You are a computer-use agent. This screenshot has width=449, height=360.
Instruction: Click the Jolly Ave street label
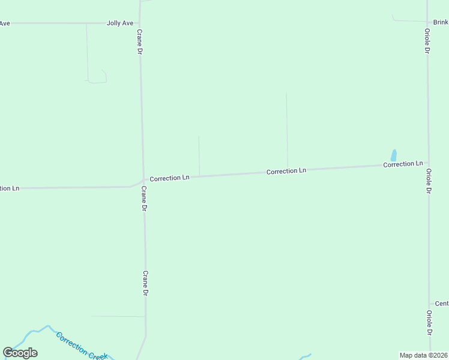[119, 23]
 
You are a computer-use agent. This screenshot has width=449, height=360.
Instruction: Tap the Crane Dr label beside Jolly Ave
[139, 42]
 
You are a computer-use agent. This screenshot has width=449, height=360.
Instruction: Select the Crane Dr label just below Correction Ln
[144, 199]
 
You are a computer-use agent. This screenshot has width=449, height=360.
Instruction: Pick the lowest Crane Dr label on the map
[145, 283]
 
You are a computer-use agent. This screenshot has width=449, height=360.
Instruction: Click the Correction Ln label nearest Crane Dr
[169, 178]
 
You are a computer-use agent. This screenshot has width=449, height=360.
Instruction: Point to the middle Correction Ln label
[286, 171]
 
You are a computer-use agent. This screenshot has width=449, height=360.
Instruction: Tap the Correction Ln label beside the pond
[403, 164]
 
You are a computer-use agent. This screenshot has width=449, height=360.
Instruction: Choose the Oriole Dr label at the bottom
[429, 323]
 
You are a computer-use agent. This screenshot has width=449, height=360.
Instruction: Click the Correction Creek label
[82, 346]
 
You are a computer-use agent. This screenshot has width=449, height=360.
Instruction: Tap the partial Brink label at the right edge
[441, 22]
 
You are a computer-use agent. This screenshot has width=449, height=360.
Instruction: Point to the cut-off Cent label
[441, 304]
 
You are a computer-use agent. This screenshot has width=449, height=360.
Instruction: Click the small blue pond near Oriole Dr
[394, 155]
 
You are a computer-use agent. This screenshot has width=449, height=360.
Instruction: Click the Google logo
[20, 353]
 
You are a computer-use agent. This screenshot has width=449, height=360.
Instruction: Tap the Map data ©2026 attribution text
[423, 355]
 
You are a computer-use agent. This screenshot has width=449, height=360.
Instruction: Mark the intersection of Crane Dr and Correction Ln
[143, 179]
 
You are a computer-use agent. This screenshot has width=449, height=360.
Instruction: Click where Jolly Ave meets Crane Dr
[140, 23]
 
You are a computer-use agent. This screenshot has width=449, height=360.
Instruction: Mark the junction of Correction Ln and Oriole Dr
[428, 163]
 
